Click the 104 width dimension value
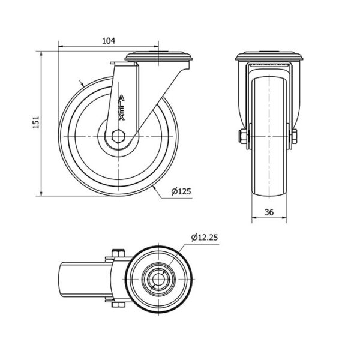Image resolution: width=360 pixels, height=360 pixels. tap(109, 41)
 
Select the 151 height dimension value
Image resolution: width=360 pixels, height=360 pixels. tap(36, 122)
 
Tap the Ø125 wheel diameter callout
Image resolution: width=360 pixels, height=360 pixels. tap(181, 191)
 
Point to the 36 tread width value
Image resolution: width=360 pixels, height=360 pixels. tap(269, 212)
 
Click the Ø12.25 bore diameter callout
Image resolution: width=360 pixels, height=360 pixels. tap(205, 238)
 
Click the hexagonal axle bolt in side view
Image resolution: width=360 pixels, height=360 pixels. tap(118, 136)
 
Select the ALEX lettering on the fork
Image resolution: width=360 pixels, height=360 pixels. tap(121, 108)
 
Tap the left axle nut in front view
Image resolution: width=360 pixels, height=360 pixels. tap(243, 136)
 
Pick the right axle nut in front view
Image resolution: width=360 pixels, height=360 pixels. tap(294, 136)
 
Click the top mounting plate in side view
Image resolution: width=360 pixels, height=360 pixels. tap(158, 56)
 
